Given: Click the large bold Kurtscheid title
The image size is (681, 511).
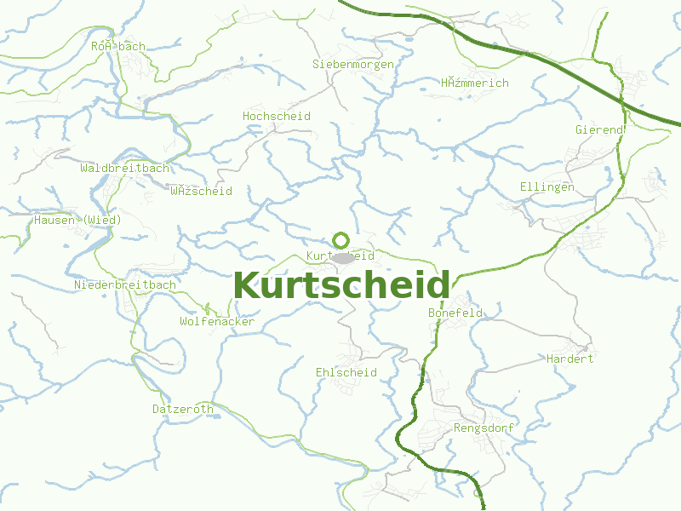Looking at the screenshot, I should (341, 285).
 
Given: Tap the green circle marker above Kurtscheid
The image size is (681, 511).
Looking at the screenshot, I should (341, 240).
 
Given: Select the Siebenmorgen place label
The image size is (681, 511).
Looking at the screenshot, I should (353, 64).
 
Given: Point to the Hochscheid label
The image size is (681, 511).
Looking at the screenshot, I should (277, 116).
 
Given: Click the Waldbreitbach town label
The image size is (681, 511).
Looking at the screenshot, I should (125, 168).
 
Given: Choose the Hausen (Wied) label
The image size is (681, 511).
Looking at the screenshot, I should (78, 220).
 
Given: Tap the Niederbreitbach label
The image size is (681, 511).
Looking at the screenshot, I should (125, 284).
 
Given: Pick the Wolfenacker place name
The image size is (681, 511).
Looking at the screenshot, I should (217, 322).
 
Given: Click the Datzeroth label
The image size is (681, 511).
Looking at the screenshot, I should (183, 409).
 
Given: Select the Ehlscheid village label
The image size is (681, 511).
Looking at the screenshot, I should (346, 373).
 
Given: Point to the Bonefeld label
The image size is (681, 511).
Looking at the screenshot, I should (455, 313).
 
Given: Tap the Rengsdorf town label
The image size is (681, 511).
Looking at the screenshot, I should (484, 428).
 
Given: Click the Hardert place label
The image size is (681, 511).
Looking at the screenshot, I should (570, 359).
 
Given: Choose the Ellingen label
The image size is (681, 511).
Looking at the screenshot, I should (547, 187).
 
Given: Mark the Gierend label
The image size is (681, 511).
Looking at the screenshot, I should (600, 129).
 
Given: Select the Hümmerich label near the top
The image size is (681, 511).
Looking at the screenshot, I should (475, 83).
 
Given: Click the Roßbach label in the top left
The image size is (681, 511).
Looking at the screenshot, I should (118, 46).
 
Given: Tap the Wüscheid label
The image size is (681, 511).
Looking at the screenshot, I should (201, 191).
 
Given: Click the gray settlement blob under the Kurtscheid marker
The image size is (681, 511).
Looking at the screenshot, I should (342, 257).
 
